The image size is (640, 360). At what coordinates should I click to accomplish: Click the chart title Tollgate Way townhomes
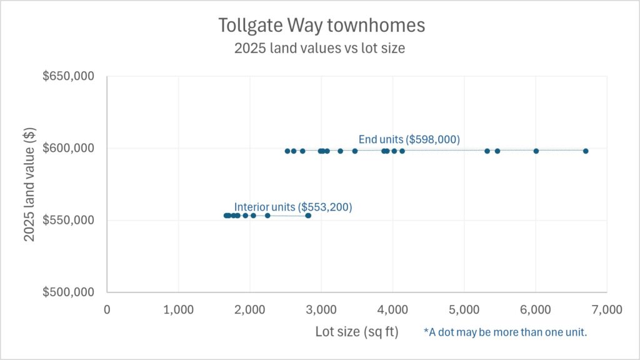point(321,26)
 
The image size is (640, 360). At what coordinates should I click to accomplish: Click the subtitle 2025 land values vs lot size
point(319,48)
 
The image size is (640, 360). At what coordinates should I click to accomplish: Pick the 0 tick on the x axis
point(107,309)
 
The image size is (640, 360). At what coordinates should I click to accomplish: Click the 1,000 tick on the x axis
point(179,309)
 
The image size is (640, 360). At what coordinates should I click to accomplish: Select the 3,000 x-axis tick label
point(321,309)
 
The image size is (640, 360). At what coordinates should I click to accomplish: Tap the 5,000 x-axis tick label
point(464,309)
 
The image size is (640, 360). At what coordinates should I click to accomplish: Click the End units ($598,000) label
point(409,139)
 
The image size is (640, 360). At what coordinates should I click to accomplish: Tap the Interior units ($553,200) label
point(293,207)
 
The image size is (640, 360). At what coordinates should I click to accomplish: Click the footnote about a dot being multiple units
point(505,332)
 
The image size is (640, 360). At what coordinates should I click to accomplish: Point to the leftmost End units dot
point(287,151)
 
